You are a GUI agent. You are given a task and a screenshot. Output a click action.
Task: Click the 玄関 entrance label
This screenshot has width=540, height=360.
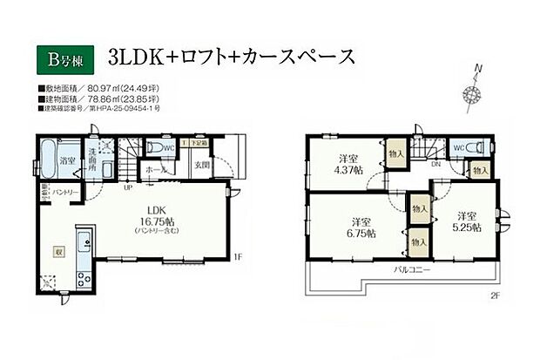point(202,166)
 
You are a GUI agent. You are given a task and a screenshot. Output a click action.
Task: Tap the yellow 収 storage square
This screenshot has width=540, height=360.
point(59,248)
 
